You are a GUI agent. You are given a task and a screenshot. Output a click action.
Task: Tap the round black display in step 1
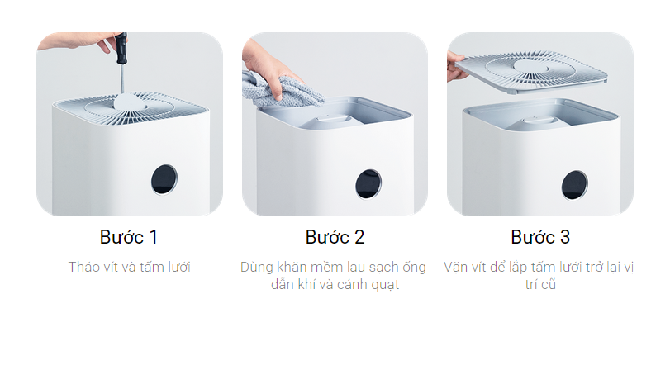pos(164,179)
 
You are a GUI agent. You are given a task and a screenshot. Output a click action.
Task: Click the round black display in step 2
pos(368,184)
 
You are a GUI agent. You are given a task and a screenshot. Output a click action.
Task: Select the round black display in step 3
pos(575,185)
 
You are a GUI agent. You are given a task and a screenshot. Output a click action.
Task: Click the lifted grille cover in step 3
pos(531,72)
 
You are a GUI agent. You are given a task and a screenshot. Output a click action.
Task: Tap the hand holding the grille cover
pos(455,67)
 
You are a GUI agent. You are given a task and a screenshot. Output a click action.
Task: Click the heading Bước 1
pos(129,237)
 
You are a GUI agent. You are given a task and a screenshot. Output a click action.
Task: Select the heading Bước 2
pos(335,237)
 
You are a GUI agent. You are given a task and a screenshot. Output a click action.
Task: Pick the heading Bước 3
pos(540,237)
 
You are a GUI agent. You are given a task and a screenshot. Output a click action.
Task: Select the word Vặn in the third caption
pos(455,267)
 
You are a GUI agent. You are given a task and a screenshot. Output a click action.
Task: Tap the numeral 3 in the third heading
pos(565,237)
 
